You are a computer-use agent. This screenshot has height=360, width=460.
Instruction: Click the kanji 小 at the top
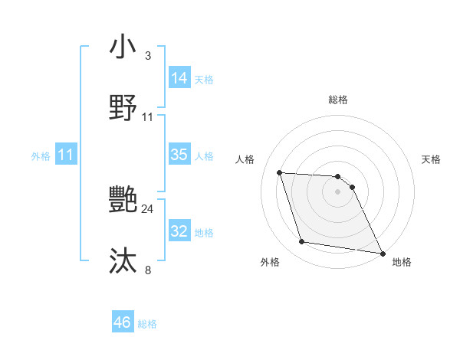(123, 47)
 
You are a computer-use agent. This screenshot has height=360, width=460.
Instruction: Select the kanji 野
(123, 108)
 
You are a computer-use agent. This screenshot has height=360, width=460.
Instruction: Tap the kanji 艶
(123, 200)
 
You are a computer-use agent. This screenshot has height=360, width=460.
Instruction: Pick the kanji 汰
(123, 261)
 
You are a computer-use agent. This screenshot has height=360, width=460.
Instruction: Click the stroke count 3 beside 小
(148, 56)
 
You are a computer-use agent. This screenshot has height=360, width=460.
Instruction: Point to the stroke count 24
(148, 208)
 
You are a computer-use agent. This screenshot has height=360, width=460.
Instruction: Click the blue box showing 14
(179, 78)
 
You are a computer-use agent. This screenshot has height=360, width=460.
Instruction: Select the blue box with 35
(179, 155)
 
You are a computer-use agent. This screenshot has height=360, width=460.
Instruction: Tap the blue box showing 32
(179, 231)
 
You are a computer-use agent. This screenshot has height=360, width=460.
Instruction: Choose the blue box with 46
(123, 322)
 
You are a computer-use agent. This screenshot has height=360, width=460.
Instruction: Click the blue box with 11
(66, 155)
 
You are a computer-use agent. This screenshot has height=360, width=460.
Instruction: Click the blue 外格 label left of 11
(41, 156)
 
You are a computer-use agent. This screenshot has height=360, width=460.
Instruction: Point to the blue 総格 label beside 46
(147, 324)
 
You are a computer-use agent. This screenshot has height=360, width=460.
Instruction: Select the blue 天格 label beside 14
(204, 80)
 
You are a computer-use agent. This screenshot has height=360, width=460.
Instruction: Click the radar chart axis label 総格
(338, 100)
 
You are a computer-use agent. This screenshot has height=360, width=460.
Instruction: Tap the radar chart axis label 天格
(432, 159)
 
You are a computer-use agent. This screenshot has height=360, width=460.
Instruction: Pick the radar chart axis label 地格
(402, 262)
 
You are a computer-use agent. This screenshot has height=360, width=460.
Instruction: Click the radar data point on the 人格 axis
(279, 172)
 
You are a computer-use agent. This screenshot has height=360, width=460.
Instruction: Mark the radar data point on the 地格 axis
(382, 253)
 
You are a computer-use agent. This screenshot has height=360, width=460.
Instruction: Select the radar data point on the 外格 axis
(302, 242)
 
